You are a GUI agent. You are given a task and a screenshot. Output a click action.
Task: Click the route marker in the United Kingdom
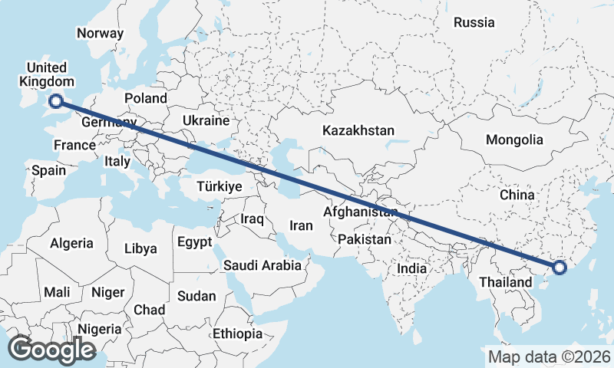coord(56,100)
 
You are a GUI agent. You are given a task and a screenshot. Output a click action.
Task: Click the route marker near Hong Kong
coord(560,268)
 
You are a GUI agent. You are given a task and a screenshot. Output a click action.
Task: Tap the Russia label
coord(474,23)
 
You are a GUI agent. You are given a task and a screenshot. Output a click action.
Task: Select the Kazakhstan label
coord(358,130)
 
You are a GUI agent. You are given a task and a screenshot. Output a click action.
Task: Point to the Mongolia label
coord(514,140)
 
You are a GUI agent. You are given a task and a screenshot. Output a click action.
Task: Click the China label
coord(517,195)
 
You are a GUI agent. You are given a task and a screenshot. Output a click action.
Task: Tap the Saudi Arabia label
coord(262,266)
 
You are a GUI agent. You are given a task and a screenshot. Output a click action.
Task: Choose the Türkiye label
coord(220,186)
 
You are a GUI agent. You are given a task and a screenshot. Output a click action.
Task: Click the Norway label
coord(100,34)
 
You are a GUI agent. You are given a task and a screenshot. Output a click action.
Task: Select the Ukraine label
coord(206,121)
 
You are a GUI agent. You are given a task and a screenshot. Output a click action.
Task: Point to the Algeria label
coord(71,244)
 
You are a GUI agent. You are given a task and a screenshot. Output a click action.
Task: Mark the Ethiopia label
coord(237,334)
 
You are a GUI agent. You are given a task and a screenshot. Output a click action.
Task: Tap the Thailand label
coord(506,282)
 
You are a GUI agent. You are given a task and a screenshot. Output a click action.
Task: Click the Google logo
coord(51,350)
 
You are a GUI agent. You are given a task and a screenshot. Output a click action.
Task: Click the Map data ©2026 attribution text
coord(549,356)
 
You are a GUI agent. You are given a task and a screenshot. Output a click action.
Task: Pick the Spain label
coord(48,171)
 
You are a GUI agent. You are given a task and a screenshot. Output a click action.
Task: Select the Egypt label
coord(194,242)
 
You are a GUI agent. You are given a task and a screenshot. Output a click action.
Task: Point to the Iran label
coord(300,225)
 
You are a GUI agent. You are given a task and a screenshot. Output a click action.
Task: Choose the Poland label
coord(146,99)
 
